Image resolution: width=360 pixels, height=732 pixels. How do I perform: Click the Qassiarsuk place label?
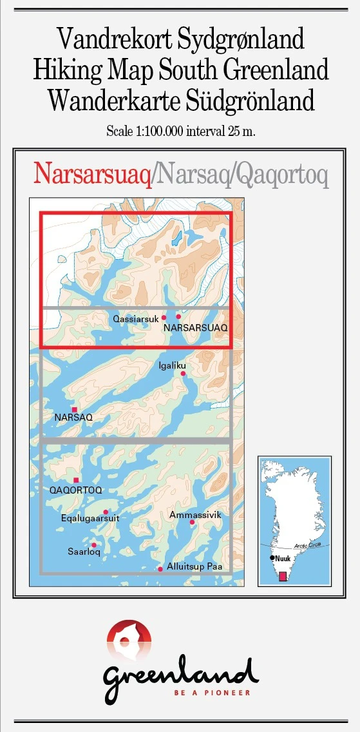point(135,318)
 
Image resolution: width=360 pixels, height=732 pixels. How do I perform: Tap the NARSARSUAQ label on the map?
point(196,328)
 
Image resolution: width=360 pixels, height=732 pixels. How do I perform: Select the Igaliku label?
point(171,365)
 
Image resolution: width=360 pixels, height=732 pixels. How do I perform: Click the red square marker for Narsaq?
point(75,409)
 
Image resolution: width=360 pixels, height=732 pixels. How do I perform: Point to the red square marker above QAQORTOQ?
point(77,480)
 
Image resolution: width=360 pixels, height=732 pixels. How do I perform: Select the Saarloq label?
point(84,552)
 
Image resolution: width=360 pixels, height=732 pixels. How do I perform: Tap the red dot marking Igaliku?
point(183,374)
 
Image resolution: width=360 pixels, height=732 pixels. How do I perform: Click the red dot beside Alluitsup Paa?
point(160,569)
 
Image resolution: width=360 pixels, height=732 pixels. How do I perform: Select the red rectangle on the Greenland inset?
point(282,575)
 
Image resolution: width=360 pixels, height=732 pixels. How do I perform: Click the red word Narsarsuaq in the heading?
point(93,173)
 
